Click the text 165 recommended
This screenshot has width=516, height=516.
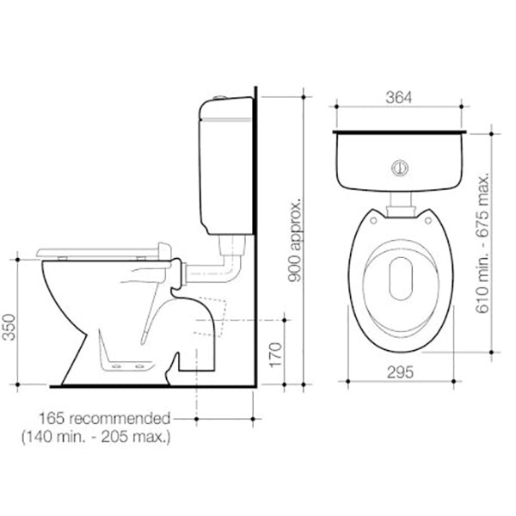pos(102,419)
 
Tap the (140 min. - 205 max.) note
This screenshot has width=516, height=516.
pos(95,438)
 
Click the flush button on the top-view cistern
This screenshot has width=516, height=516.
pos(398,169)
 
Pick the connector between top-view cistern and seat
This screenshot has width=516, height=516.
pos(400,205)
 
